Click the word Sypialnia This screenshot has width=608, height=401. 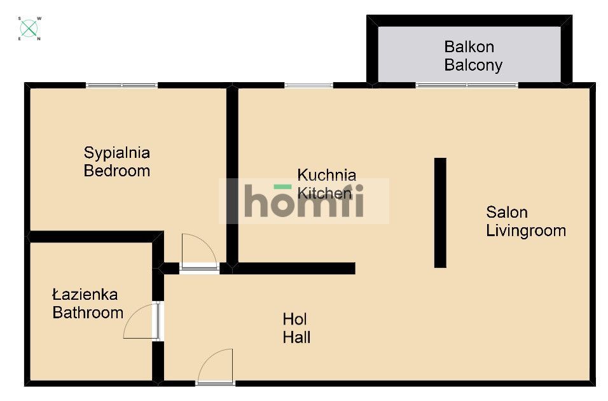tap(117, 153)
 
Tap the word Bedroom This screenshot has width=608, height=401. tap(117, 171)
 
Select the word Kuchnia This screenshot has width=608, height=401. tap(326, 175)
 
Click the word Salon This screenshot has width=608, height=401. tap(507, 213)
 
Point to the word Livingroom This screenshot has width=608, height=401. tap(526, 230)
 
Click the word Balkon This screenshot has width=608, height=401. tap(469, 47)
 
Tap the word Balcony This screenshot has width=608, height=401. tap(473, 65)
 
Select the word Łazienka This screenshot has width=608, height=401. tap(85, 295)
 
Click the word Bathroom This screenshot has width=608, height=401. tap(88, 313)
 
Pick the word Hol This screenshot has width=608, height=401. tap(294, 320)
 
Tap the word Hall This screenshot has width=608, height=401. tap(296, 337)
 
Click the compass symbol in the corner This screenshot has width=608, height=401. tap(29, 29)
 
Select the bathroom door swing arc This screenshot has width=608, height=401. tap(134, 315)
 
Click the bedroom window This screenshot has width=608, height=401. tap(121, 85)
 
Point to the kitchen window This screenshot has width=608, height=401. tap(308, 85)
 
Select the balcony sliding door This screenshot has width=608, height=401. tap(467, 85)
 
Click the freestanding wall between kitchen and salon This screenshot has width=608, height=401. tap(440, 213)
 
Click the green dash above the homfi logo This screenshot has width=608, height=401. tap(282, 186)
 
